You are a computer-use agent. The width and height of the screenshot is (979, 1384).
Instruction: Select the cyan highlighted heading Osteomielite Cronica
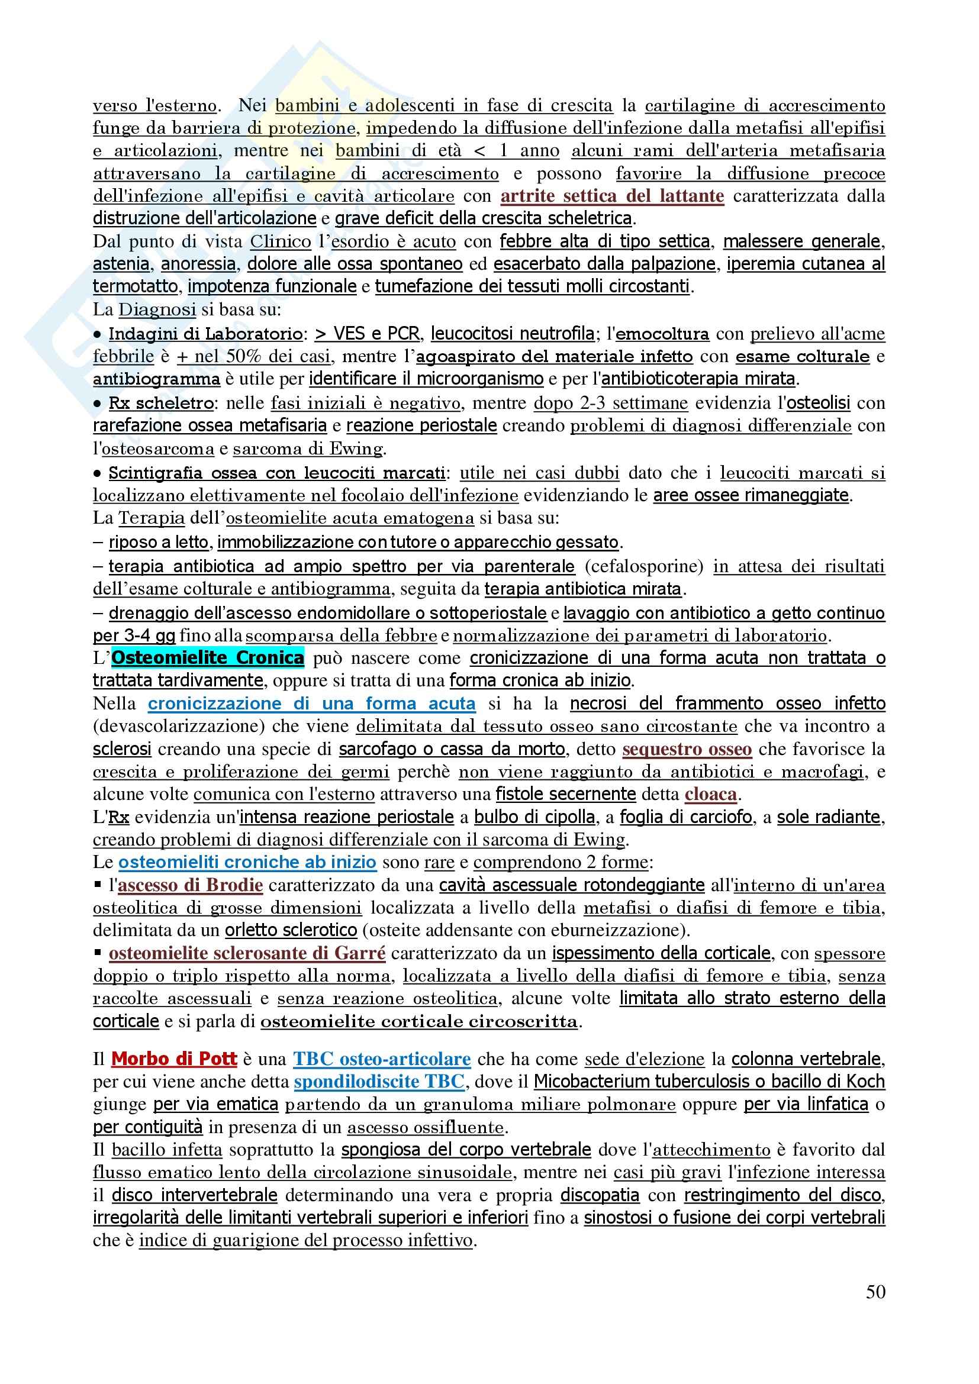coord(207,657)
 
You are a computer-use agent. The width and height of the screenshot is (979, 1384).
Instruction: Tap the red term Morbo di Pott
coord(174,1059)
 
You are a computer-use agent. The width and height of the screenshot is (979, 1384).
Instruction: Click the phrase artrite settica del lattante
coord(612,196)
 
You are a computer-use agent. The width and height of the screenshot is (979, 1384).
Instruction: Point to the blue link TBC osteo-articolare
coord(382,1059)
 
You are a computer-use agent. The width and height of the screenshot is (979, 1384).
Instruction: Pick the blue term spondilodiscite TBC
coord(379,1082)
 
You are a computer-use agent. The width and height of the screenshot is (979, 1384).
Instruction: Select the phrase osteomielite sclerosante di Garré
coord(247,953)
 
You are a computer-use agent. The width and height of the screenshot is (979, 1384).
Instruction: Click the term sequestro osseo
coord(687,749)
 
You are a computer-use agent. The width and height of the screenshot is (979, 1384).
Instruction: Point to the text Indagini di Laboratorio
coord(205,333)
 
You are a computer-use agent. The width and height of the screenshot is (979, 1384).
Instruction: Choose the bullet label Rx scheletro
coord(161,403)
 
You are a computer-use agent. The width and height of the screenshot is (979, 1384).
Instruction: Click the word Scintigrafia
coord(155,473)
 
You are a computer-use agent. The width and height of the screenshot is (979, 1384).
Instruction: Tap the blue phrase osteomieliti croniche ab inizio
coord(247,862)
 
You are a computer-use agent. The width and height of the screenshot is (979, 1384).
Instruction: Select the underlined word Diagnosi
coord(157,309)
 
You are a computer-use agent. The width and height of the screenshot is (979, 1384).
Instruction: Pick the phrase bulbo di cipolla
coord(534,817)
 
